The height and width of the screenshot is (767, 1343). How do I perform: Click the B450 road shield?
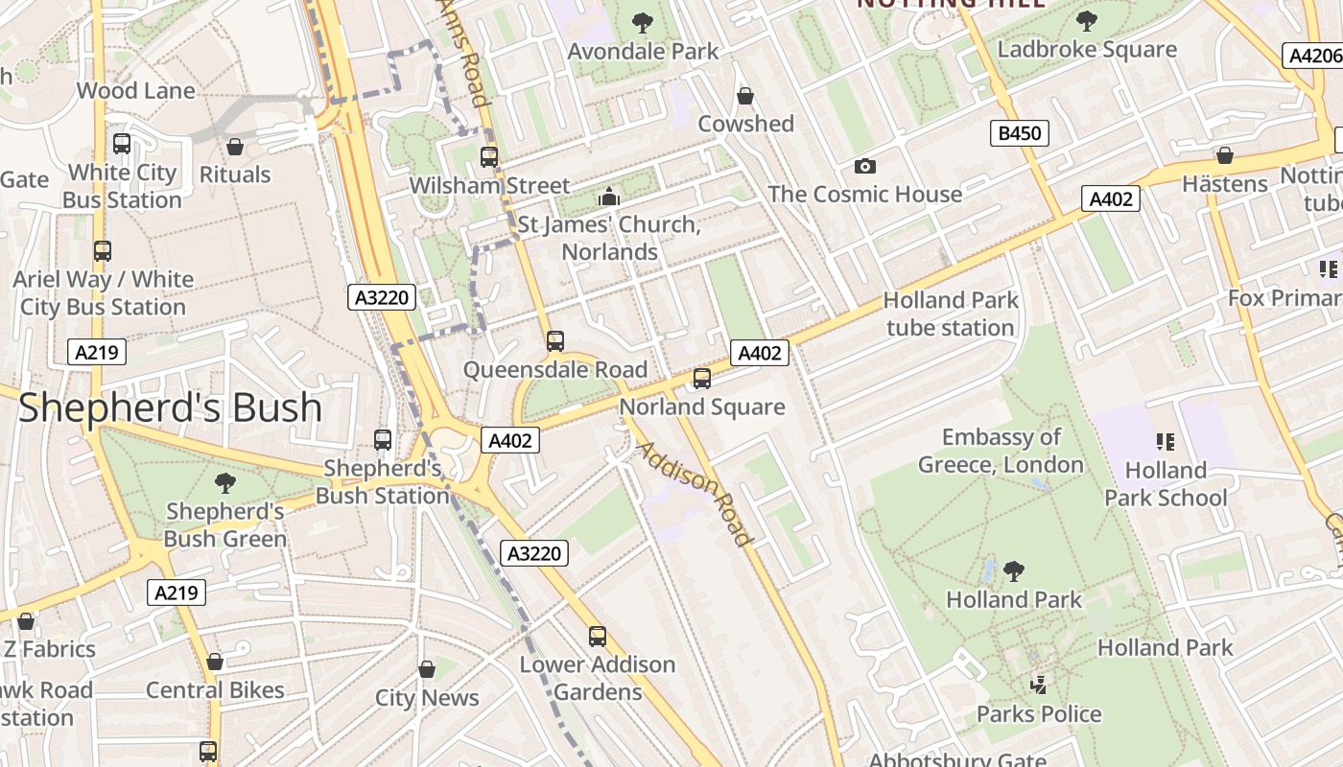[x=1019, y=133]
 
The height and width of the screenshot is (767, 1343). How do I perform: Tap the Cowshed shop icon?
[x=744, y=96]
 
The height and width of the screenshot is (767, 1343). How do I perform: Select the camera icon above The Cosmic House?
[x=864, y=166]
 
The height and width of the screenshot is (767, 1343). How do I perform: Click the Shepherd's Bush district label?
[x=170, y=407]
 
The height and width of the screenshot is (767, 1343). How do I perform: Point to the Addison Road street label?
[x=695, y=493]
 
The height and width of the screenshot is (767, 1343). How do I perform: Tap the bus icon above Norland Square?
[x=702, y=379]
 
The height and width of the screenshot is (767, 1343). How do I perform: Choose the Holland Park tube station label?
[x=950, y=314]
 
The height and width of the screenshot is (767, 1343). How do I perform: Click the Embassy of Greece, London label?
[x=1001, y=451]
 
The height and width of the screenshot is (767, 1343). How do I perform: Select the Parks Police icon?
[x=1037, y=685]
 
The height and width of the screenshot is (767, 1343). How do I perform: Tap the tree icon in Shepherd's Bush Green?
[x=224, y=482]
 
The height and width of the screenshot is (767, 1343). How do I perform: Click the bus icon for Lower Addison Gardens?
[x=598, y=636]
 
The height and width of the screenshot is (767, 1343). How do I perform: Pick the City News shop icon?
[x=426, y=669]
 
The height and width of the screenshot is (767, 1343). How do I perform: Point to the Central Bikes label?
[x=215, y=690]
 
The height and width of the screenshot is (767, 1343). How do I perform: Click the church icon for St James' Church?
[x=608, y=197]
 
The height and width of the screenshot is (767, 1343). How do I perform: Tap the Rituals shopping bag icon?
[x=234, y=147]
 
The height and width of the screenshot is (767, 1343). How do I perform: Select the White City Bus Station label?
[x=122, y=186]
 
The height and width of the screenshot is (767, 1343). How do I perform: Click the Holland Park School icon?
[x=1166, y=442]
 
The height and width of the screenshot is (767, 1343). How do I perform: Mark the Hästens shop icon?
[x=1224, y=155]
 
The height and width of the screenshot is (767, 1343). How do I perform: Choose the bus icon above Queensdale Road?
[x=554, y=341]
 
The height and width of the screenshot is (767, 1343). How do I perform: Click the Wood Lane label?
[x=135, y=91]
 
